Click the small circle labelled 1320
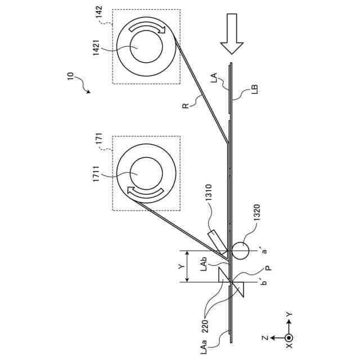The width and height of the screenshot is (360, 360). click(x=240, y=249)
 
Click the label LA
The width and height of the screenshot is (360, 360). click(x=214, y=78)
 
